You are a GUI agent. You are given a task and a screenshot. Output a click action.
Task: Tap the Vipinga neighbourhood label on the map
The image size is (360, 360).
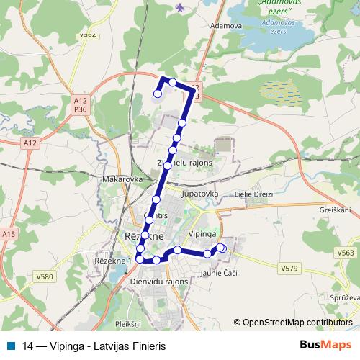[202, 235]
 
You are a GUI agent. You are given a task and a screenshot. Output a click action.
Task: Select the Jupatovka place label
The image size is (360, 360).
[200, 194]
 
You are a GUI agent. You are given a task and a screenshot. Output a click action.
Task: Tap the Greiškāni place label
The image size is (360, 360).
[335, 210]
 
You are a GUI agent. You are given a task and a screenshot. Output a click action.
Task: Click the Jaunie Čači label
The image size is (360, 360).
[217, 272]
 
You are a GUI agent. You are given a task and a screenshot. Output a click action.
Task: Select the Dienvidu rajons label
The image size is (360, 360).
[159, 282]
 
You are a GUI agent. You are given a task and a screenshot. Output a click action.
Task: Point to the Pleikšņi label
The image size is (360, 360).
[127, 305]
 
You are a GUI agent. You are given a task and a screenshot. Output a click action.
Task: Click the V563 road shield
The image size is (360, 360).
[345, 253]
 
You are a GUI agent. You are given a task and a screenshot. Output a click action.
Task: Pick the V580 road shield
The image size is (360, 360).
[45, 276]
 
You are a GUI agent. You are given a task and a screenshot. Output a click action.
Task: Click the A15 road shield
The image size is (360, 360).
[9, 234]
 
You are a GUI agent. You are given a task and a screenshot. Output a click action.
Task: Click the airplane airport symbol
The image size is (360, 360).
[179, 7]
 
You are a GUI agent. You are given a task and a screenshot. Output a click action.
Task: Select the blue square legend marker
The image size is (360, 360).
[10, 344]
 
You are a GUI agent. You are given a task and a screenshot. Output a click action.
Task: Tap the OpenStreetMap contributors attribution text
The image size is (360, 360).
[297, 322]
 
